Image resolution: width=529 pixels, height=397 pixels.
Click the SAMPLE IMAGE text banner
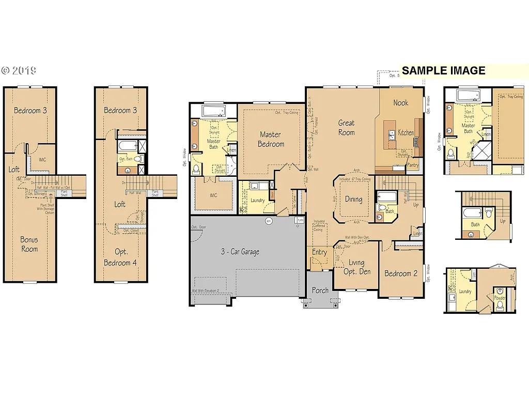443,71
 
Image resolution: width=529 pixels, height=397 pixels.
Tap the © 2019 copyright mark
18,70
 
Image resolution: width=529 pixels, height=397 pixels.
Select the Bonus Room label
29,244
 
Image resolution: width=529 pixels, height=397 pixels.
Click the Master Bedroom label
271,139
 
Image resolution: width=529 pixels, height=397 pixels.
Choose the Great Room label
346,127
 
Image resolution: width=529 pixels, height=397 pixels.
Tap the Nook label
400,102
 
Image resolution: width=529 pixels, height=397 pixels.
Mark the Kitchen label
406,132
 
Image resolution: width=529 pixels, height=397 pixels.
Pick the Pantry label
413,165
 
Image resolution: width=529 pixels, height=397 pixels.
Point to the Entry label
319,252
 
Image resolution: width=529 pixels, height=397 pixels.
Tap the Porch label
320,290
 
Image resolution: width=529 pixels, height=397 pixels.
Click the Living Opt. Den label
356,267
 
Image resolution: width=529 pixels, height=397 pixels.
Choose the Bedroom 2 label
400,273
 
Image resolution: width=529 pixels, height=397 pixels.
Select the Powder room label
500,298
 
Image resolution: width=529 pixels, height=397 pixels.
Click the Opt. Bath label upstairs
126,159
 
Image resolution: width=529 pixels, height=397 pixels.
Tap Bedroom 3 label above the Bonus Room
30,110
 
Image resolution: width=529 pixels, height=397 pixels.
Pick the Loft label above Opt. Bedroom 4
120,204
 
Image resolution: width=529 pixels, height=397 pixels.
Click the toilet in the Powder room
500,306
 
